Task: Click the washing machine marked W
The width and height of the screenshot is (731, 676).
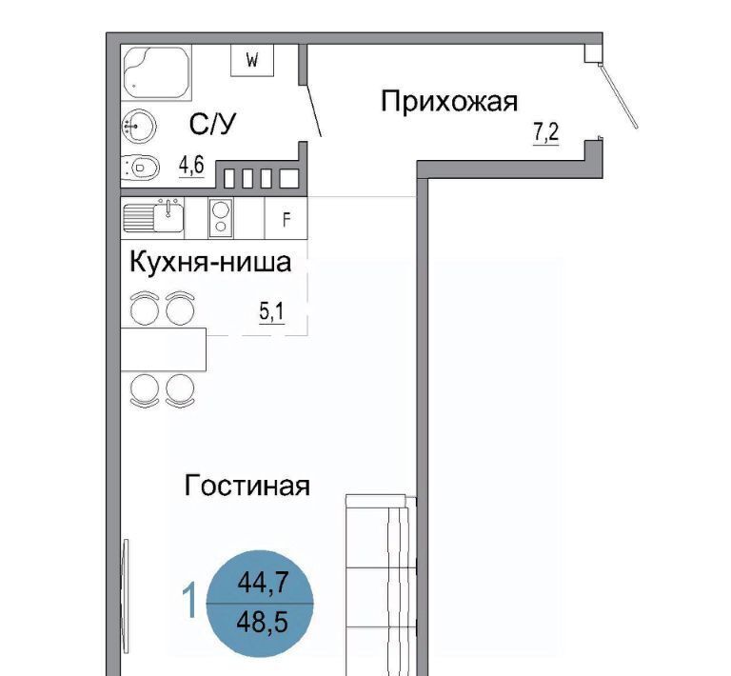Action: coord(252,60)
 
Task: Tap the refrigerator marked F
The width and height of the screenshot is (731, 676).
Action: coord(286,218)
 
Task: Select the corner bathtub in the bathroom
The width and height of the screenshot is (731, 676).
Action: coord(156,71)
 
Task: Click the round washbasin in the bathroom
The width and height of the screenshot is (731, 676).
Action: coord(138,126)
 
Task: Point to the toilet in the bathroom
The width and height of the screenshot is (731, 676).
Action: coord(140,167)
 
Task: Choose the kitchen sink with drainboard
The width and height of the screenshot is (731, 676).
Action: coord(153,216)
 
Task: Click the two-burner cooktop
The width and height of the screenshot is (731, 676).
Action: coord(221,218)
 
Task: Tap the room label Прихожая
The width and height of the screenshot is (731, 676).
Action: coord(449,102)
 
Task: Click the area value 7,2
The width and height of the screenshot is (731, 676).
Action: coord(546,132)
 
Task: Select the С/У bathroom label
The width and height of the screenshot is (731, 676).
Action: coord(213,124)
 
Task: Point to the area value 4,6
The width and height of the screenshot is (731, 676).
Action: coord(191,166)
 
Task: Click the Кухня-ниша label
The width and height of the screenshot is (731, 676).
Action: coord(210,262)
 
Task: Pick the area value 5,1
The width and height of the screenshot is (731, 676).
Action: coord(272,311)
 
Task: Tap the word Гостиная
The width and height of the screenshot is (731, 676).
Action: coord(247,486)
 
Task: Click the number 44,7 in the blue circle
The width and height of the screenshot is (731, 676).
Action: coord(263,583)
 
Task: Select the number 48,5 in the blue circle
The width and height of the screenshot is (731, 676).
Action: coord(262,622)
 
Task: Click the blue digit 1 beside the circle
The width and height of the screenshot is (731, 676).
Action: coord(189,602)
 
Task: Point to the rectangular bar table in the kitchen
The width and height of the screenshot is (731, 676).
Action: coord(163,349)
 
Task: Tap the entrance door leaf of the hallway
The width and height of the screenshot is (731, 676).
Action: coord(618,96)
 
